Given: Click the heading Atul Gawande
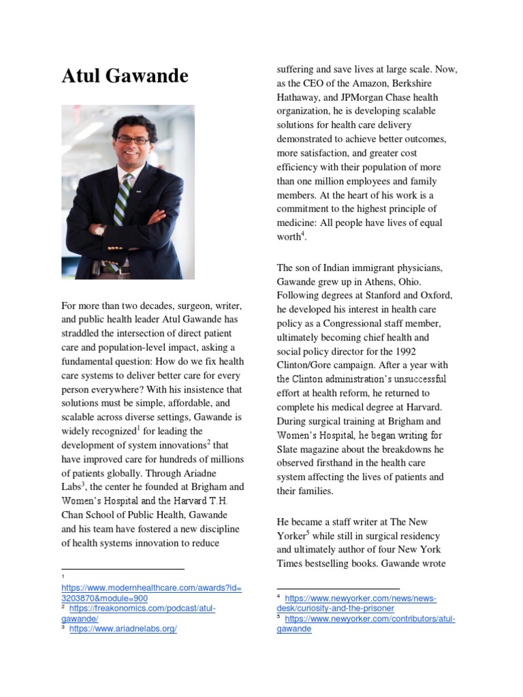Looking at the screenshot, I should click(125, 76).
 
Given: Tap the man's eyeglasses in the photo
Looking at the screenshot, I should click(132, 140).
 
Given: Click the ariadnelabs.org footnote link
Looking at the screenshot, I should click(123, 629).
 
